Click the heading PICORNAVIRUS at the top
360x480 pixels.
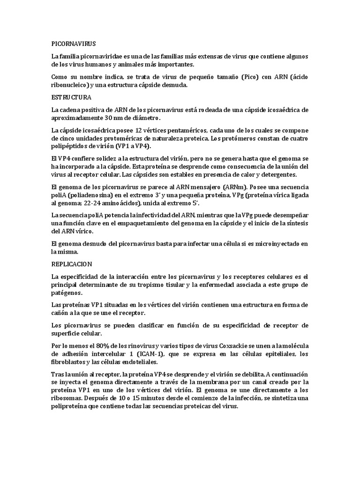73,44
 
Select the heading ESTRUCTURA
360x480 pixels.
71,98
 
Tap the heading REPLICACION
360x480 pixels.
72,264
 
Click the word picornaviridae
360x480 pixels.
100,56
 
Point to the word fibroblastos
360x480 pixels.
69,362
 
